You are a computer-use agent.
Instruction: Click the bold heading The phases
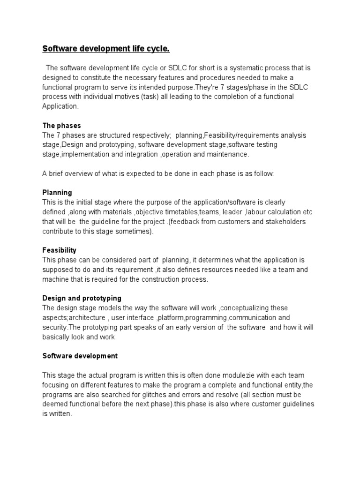tap(61, 126)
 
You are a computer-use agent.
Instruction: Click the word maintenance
tap(228, 154)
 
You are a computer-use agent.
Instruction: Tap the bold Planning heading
tap(57, 193)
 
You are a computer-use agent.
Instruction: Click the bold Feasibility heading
tap(59, 250)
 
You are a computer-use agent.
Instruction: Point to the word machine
tap(56, 279)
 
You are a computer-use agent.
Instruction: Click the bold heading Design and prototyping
tap(82, 298)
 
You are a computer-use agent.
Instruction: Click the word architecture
tap(85, 317)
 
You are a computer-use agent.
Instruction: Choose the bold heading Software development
tap(80, 356)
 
